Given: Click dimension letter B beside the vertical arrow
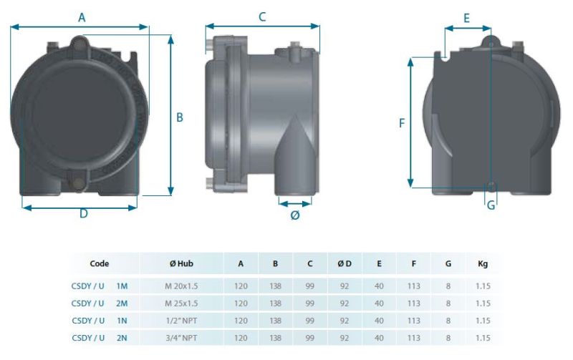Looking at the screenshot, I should [x=180, y=117].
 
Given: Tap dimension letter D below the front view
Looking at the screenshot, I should [x=83, y=214].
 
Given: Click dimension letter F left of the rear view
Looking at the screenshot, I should [x=402, y=123].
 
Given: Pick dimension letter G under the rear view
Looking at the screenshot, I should [x=491, y=205].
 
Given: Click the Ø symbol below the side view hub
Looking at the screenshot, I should [x=294, y=215].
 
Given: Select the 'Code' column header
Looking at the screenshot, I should [x=100, y=263].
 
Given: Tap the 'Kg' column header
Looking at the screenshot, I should [x=482, y=263].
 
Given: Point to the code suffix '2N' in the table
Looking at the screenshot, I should [x=122, y=336].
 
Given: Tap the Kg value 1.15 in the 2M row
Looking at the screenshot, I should [x=482, y=303].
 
